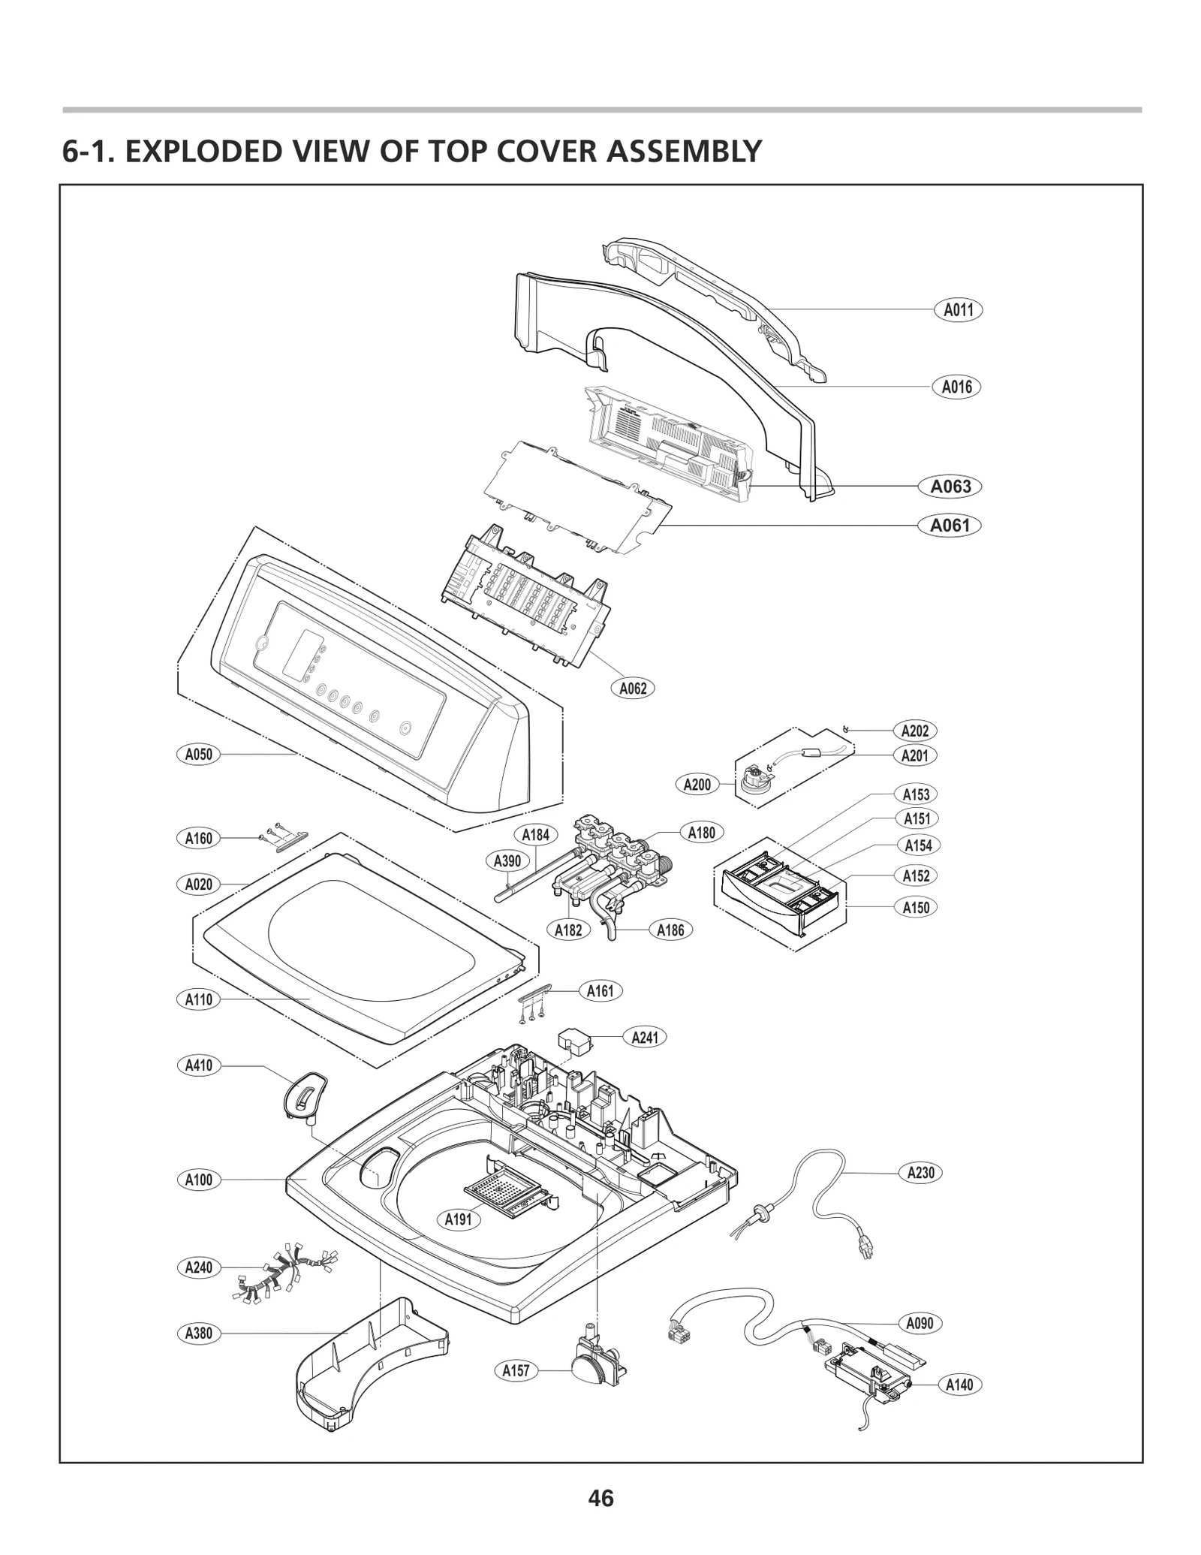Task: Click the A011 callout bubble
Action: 958,309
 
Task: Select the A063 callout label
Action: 950,487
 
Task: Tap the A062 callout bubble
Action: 632,688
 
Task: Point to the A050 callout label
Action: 199,754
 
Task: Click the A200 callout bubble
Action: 697,785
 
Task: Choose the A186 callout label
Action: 670,930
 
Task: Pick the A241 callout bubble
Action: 645,1038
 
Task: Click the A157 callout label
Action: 516,1370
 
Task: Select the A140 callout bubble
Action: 959,1385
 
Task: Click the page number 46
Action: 601,1499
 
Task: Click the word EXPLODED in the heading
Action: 202,152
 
